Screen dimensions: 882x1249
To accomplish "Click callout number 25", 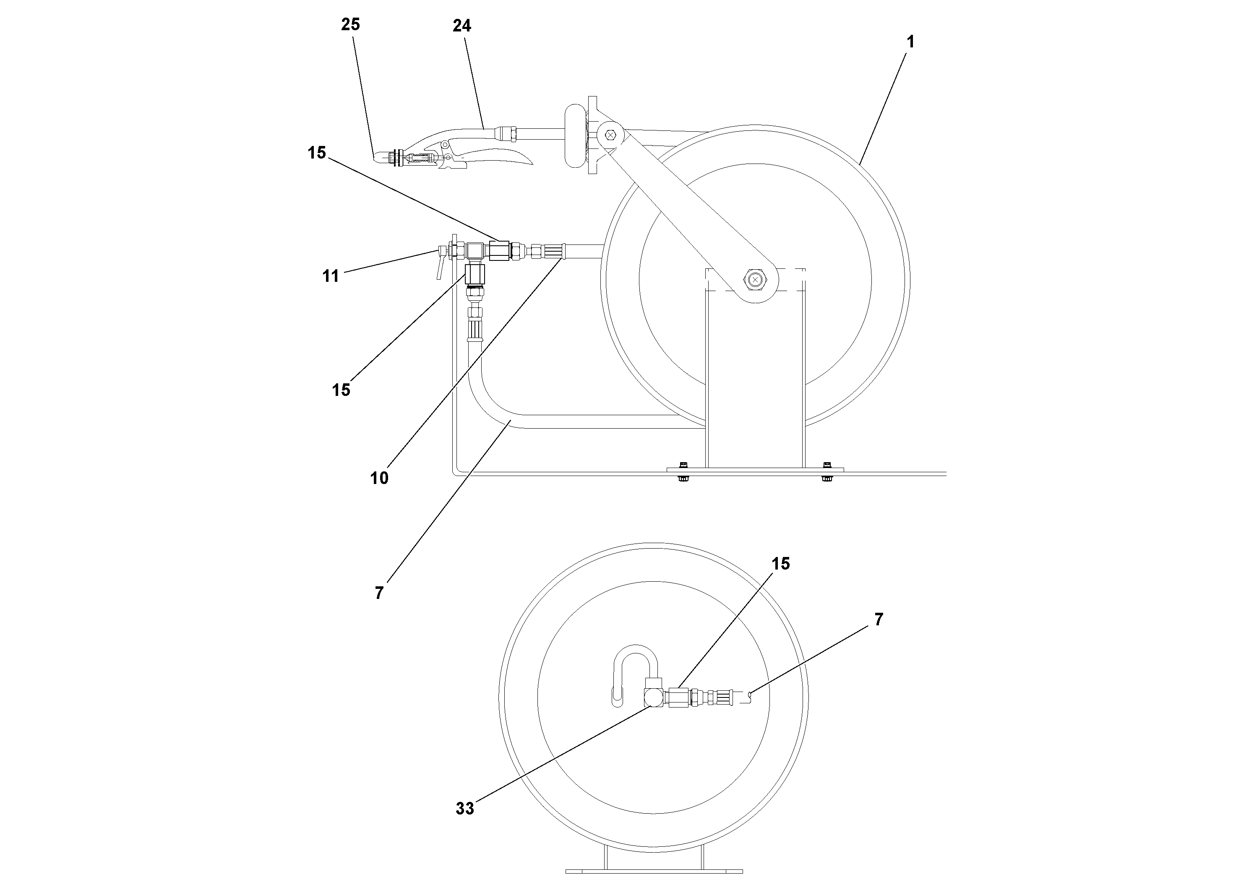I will pyautogui.click(x=350, y=24).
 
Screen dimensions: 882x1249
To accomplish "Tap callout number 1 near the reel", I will pyautogui.click(x=910, y=42).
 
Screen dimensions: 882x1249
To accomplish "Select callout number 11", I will pyautogui.click(x=331, y=276).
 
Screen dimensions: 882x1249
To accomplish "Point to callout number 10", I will pyautogui.click(x=379, y=478).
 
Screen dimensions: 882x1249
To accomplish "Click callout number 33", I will pyautogui.click(x=464, y=809).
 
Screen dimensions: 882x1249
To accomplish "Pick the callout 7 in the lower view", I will pyautogui.click(x=879, y=619).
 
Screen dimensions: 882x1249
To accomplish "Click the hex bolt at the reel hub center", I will pyautogui.click(x=754, y=279).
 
